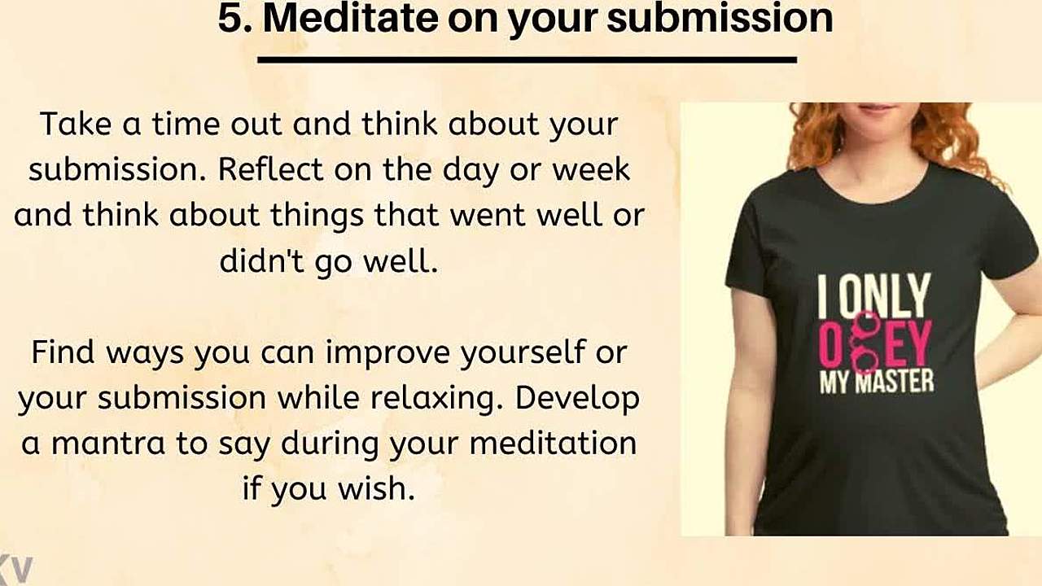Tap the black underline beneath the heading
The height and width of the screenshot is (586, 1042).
pos(527,59)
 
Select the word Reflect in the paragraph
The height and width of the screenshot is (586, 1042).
pos(270,169)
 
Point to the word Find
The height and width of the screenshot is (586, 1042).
pos(63,352)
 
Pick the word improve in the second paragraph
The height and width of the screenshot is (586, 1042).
pos(387,353)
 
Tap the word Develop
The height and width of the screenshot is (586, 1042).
pos(577,399)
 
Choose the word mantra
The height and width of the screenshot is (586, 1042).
pos(108,444)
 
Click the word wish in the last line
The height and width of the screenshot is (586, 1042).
pos(376,489)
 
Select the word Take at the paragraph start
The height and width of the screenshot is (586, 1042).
pos(76,125)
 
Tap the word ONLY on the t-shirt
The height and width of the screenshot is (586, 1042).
pos(885,294)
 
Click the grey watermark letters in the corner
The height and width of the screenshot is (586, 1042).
pos(15,568)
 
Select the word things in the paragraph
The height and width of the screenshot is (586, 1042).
pos(317,216)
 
